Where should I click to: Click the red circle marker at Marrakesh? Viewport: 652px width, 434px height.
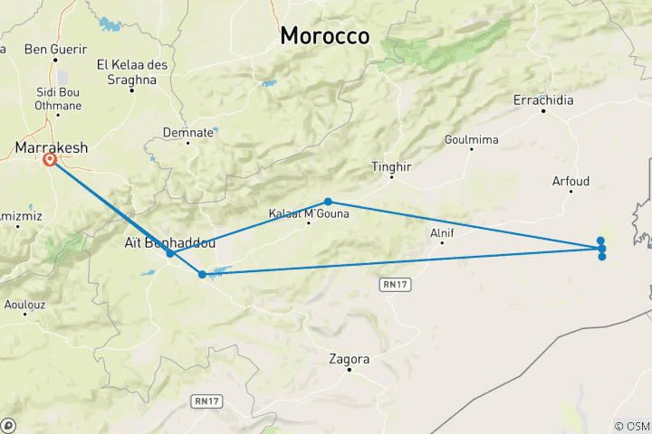pos(50,160)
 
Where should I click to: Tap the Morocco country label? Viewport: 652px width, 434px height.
pos(325,35)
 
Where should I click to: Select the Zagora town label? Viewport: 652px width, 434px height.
pos(350,359)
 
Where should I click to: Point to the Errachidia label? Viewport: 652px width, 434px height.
pos(543,100)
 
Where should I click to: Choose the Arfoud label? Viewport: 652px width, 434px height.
pos(570,182)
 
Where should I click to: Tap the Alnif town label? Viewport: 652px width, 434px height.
pos(441,232)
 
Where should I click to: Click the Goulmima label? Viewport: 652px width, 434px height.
pos(470,139)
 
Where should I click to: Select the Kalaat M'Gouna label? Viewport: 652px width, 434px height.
pos(309,214)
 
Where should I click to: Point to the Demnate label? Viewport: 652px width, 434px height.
pos(188,132)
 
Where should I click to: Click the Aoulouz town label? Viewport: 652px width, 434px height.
pos(24,306)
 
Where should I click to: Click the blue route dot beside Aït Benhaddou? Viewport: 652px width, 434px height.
pos(170,254)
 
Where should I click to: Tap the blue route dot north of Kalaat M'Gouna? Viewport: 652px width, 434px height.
pos(328,202)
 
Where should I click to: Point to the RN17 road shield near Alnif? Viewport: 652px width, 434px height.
pos(389,284)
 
